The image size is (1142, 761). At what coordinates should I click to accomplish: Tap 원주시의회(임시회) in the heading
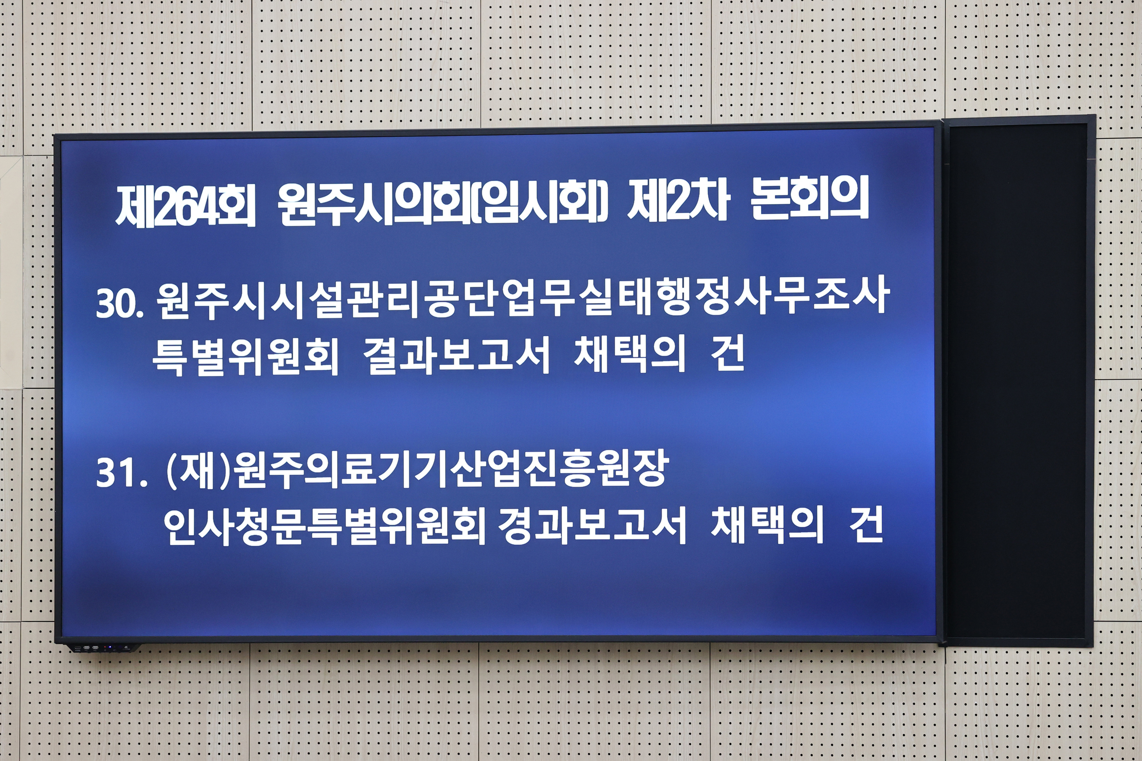point(443,204)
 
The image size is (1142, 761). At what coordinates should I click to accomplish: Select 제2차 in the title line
point(679,202)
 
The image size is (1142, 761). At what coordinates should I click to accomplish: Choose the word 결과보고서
point(457,355)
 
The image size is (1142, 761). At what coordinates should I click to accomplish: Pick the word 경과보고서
point(592,525)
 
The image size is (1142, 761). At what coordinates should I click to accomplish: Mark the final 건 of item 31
point(866,524)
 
